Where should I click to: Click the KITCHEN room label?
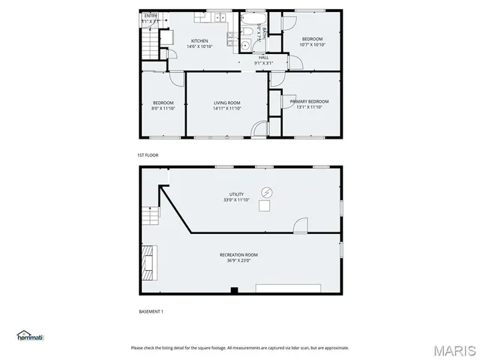click(x=199, y=40)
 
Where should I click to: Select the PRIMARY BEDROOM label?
click(x=309, y=101)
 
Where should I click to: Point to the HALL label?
click(x=263, y=57)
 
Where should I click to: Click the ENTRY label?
click(x=151, y=15)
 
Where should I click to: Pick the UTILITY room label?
click(x=236, y=194)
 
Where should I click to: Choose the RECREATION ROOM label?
click(x=239, y=255)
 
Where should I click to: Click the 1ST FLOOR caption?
click(x=148, y=155)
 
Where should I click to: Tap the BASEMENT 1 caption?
click(x=151, y=311)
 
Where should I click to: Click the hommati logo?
click(x=30, y=336)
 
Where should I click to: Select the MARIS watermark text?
click(x=454, y=350)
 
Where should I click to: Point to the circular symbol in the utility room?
click(x=266, y=192)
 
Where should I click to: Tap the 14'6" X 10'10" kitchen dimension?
click(x=199, y=46)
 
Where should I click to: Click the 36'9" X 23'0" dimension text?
click(x=239, y=261)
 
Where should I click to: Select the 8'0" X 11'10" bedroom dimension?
click(x=163, y=109)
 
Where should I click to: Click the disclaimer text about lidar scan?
click(x=239, y=347)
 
